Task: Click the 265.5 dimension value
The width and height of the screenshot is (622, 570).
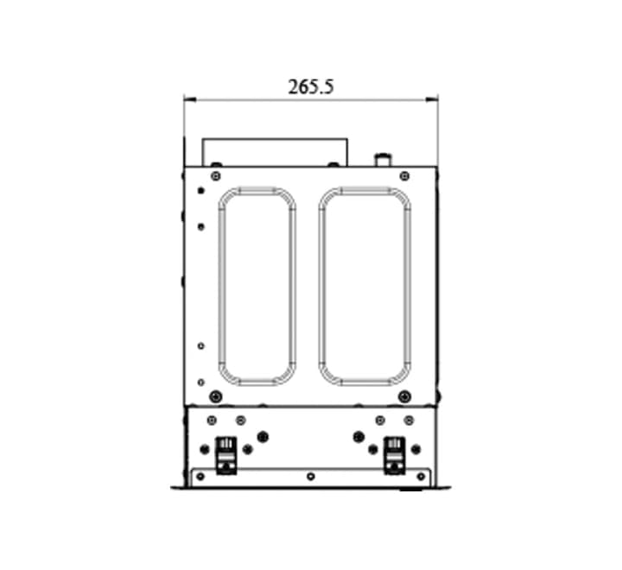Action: point(311,87)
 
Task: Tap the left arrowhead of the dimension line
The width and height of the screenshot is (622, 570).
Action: point(190,100)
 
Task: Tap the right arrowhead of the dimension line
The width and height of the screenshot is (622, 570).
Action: point(432,100)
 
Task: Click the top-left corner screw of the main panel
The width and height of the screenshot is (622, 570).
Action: point(216,176)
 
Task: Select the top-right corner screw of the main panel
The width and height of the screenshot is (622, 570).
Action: point(404,176)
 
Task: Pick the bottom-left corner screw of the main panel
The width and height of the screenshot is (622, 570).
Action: point(216,396)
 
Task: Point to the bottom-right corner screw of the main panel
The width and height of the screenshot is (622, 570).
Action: point(404,396)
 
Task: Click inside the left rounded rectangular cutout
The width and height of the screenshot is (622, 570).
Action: point(257,287)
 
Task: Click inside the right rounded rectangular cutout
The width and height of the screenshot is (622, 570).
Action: point(365,287)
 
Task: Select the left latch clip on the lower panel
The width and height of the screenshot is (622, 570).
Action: point(225,455)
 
